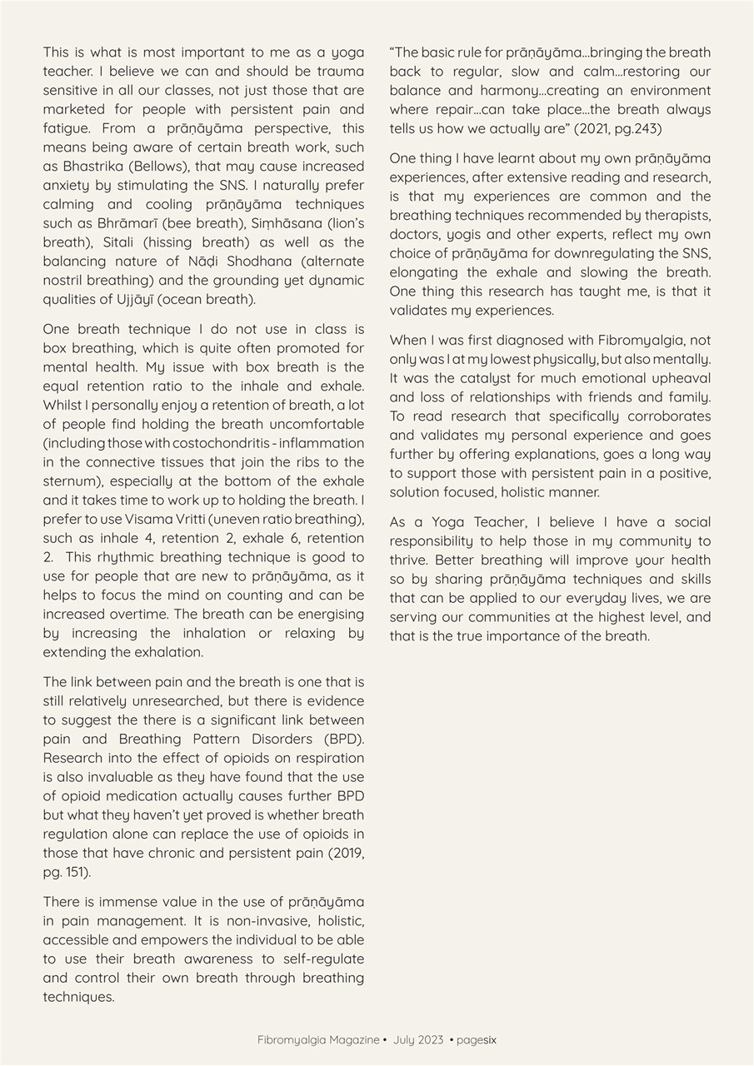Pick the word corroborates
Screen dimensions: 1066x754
click(663, 416)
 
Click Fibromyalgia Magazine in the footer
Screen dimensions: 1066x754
click(317, 1040)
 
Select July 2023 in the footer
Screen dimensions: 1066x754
click(417, 1040)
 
